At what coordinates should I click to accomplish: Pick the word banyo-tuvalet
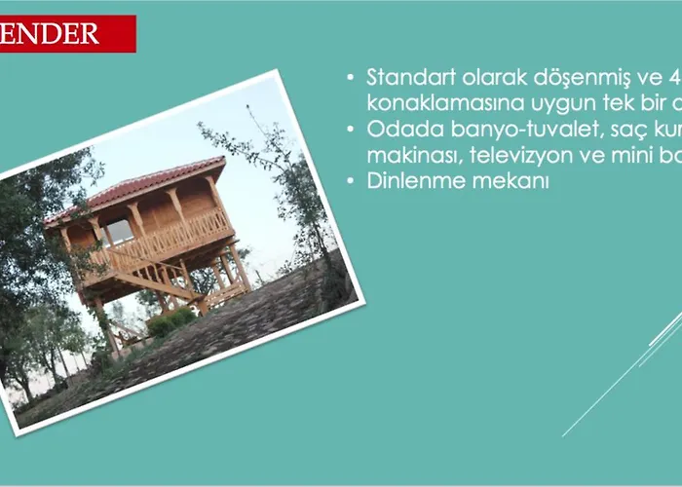tap(500, 130)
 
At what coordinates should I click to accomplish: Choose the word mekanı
tap(513, 181)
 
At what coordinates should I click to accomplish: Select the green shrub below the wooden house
tap(171, 320)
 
